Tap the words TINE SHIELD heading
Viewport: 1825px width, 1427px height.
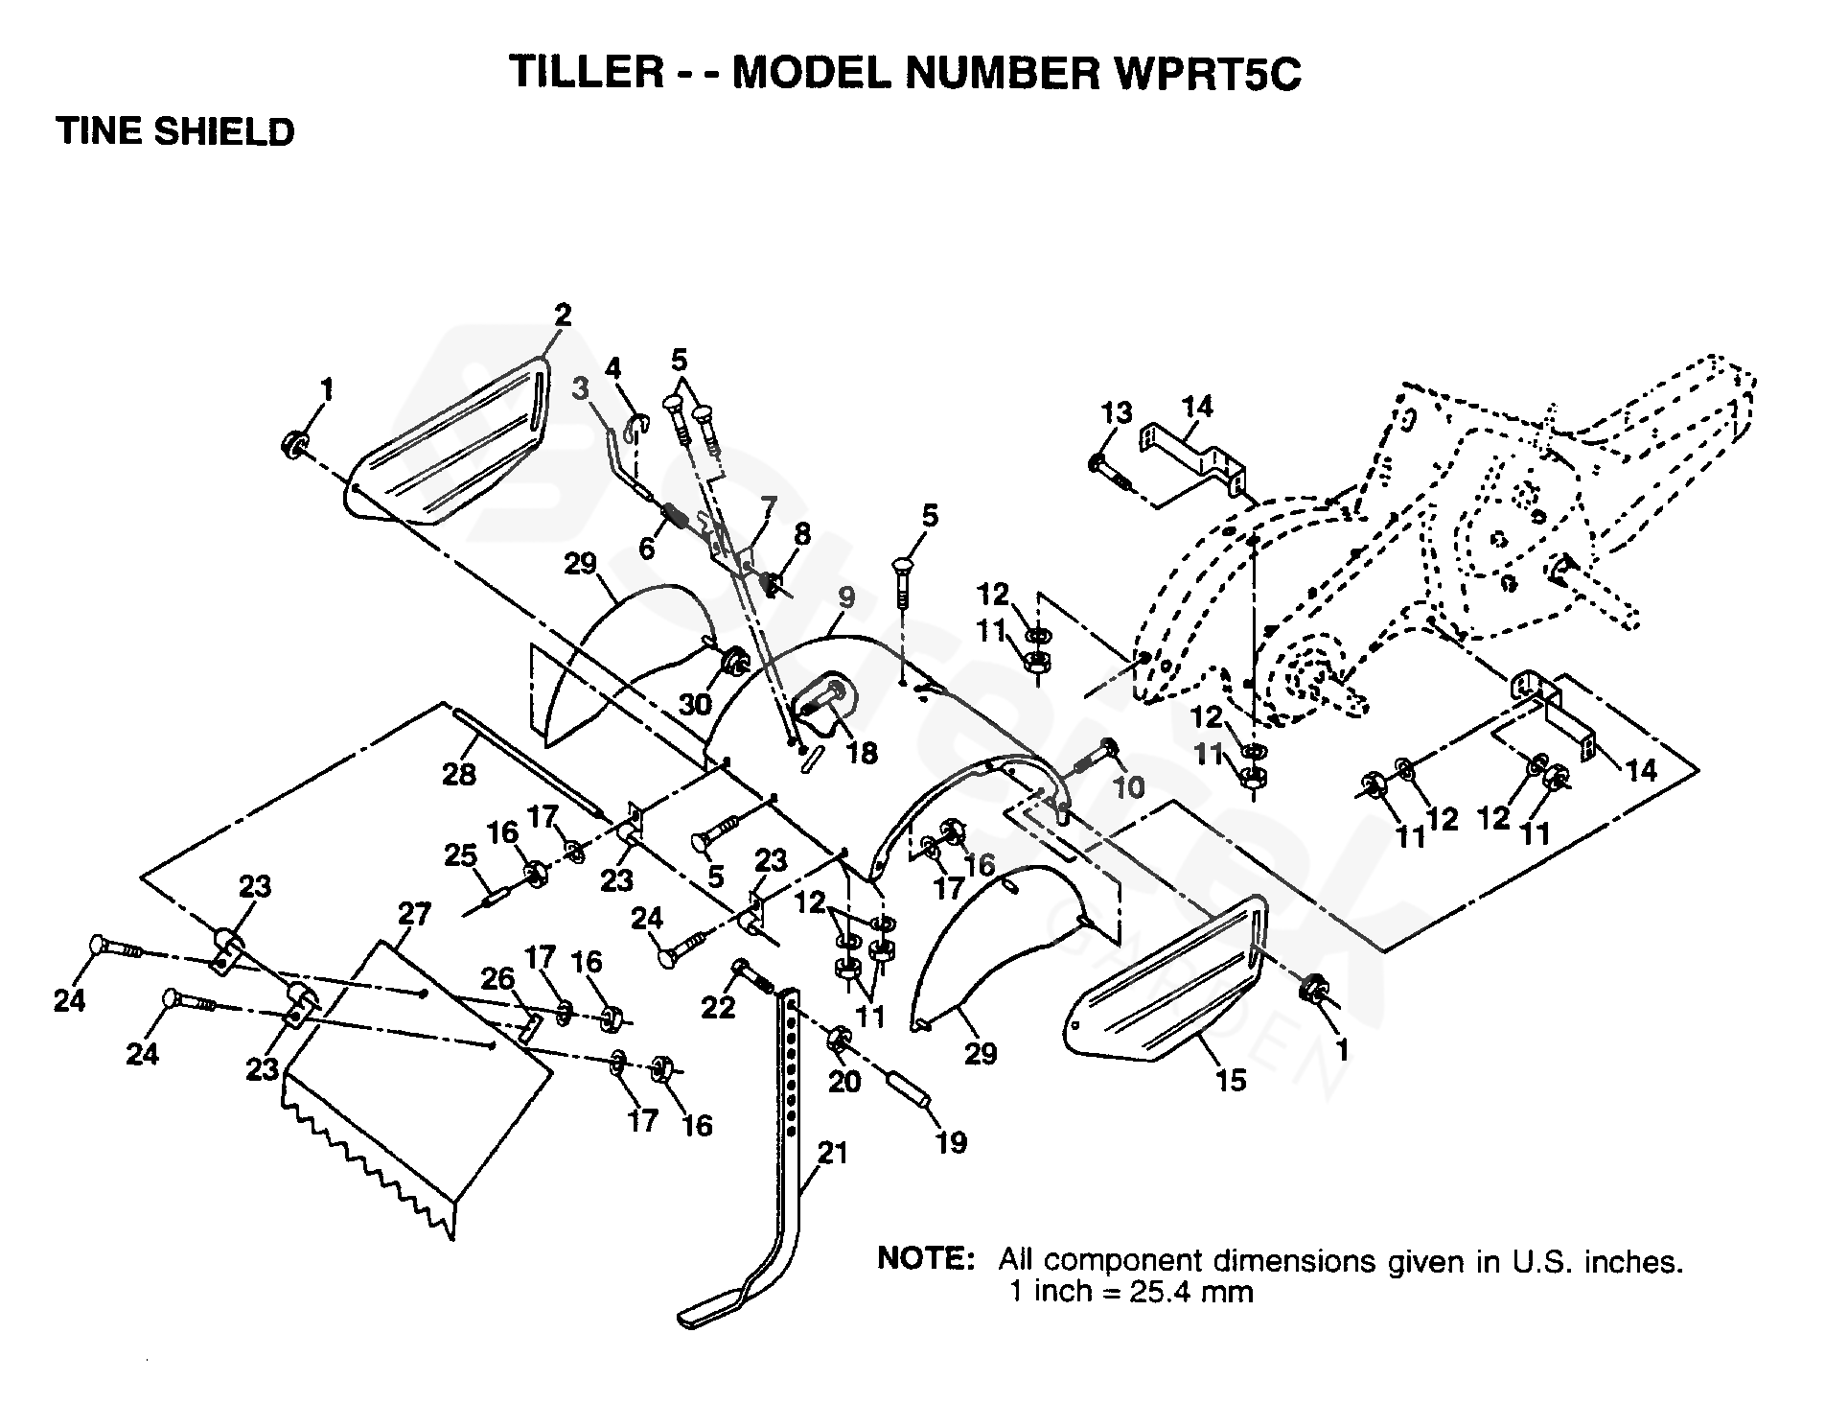pos(175,131)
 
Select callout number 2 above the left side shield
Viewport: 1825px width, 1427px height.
pos(562,315)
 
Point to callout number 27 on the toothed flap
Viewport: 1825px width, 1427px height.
pos(414,915)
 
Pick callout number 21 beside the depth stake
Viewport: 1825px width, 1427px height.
pos(832,1152)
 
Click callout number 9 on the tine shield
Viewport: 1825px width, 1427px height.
pos(845,597)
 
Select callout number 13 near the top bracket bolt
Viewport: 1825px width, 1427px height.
pos(1117,413)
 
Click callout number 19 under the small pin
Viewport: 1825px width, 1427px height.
pos(951,1143)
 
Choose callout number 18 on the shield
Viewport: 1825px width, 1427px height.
pos(863,754)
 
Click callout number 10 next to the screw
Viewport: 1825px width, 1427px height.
pos(1129,787)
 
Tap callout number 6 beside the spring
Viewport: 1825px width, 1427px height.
pos(646,549)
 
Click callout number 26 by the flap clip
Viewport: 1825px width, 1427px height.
pos(497,979)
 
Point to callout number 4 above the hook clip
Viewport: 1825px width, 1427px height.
pos(613,367)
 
